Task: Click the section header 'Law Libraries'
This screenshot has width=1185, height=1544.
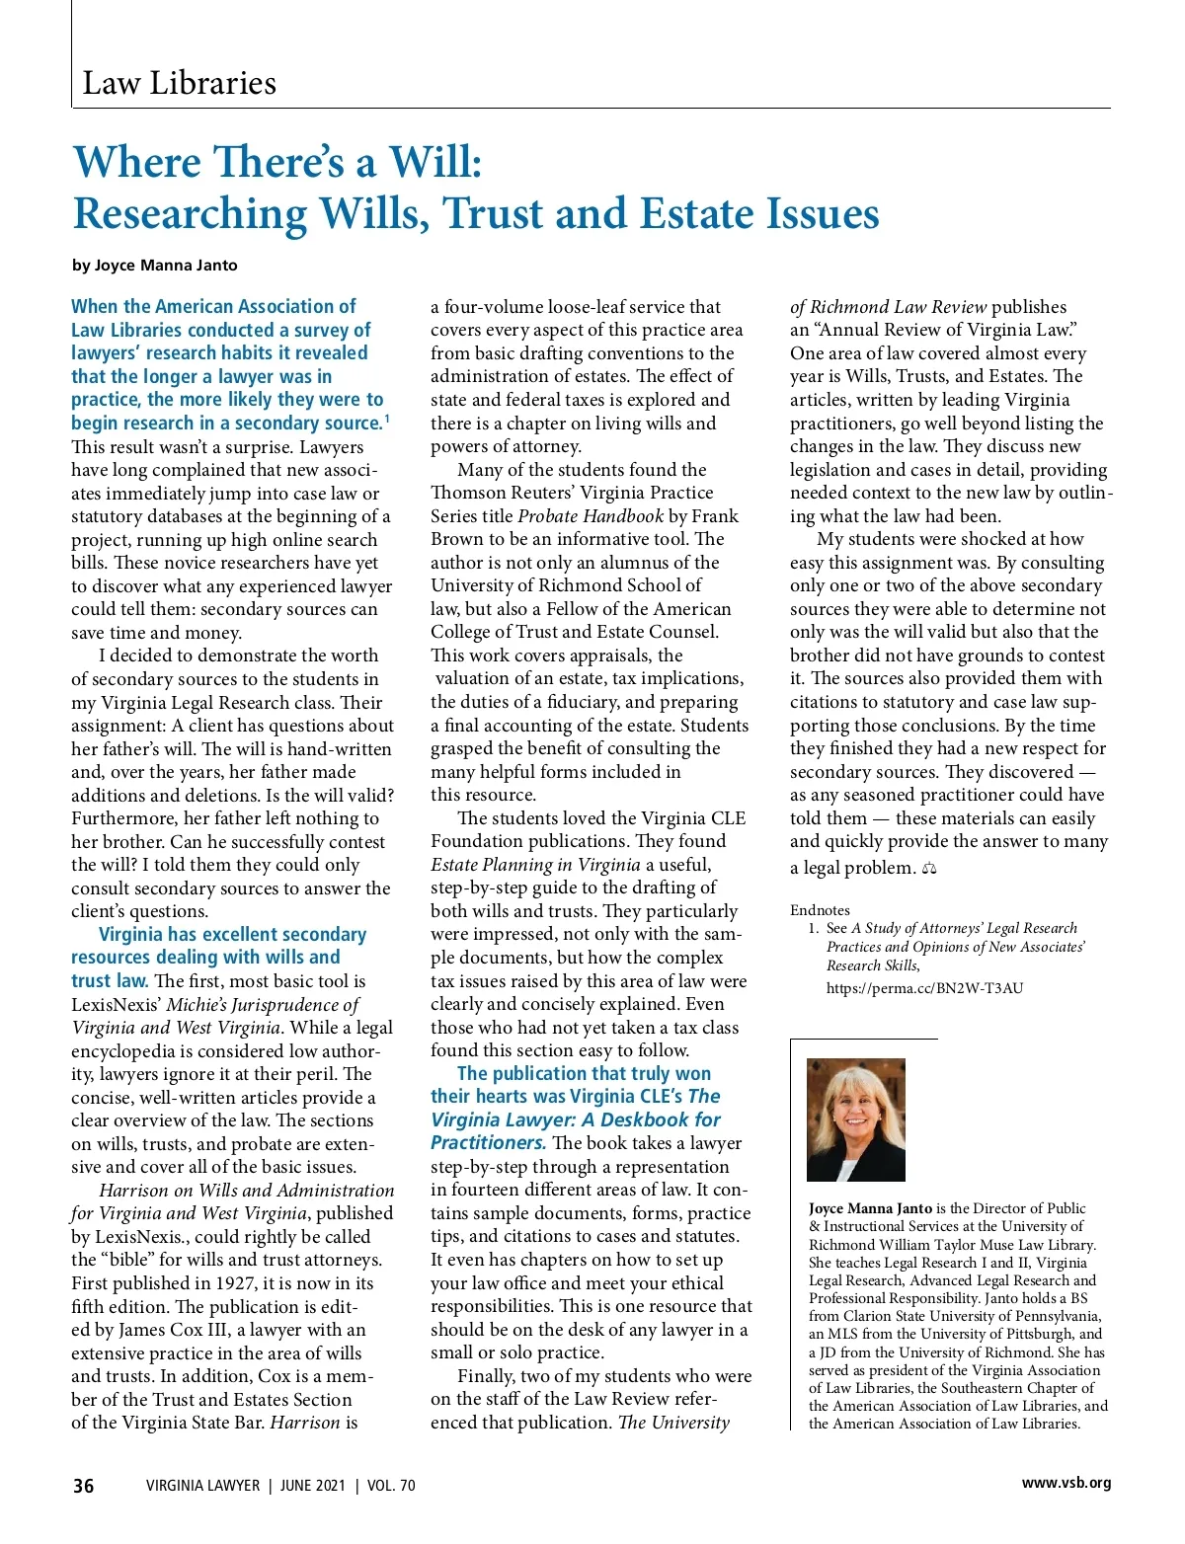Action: coord(179,83)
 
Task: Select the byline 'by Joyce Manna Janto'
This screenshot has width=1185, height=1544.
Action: coord(155,265)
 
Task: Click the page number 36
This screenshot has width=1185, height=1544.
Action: coord(84,1486)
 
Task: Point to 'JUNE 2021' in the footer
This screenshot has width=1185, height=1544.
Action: coord(312,1486)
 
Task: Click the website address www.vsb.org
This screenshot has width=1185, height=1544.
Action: coord(1066,1483)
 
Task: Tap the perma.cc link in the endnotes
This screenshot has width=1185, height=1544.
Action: coord(924,988)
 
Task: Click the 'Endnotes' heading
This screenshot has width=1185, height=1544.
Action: coord(820,910)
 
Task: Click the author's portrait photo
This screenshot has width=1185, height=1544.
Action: coord(855,1119)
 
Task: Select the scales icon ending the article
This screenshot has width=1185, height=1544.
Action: coord(928,869)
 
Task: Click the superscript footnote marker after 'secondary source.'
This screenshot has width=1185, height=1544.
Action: coord(387,419)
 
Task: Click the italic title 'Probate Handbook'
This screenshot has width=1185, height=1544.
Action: coord(591,516)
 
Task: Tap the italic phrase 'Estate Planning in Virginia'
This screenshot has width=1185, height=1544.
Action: coord(535,865)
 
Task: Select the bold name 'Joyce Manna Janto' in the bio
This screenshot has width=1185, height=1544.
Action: coord(870,1208)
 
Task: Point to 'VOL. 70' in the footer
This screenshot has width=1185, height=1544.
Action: coord(391,1486)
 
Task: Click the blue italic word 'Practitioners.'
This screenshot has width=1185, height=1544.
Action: coord(488,1143)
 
